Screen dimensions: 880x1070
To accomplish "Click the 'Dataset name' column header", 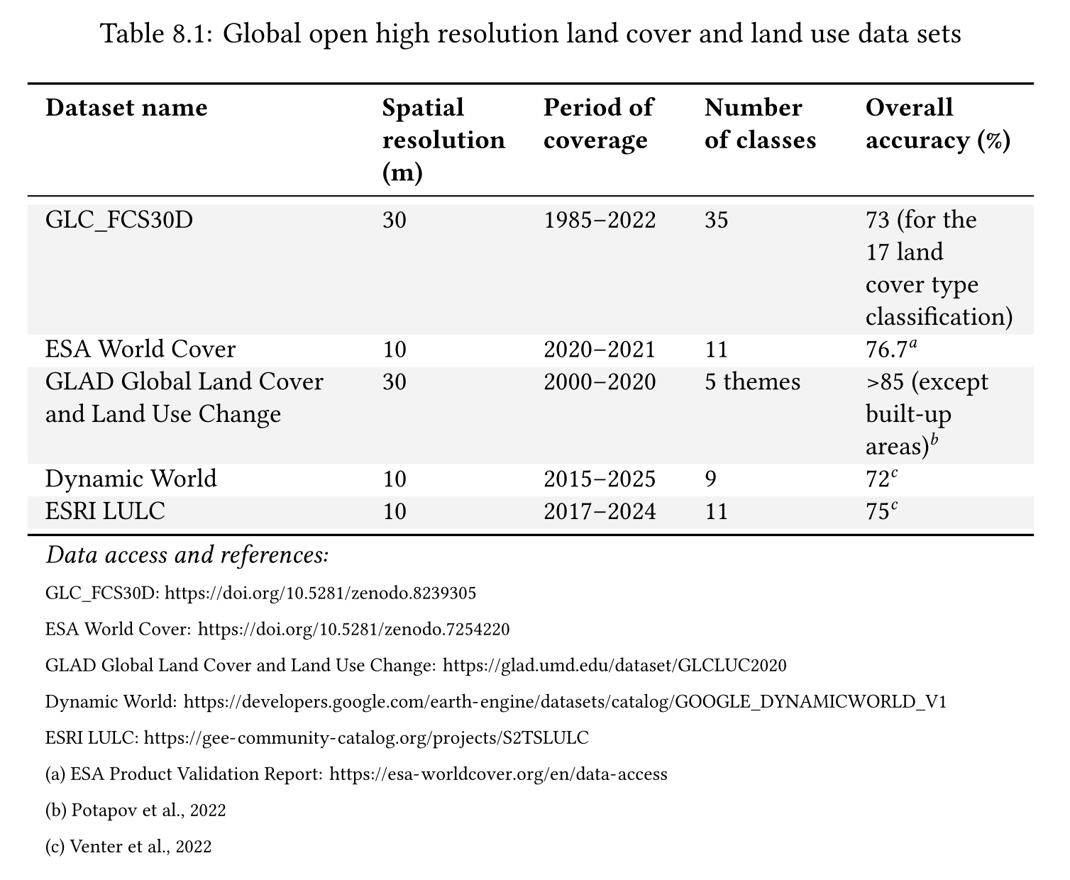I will [x=126, y=108].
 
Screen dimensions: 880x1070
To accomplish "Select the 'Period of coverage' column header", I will [x=597, y=123].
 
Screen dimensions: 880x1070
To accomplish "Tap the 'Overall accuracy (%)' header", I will [x=937, y=123].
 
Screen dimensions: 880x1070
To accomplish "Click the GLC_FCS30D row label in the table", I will [x=118, y=220].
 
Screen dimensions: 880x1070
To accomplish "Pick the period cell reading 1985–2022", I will [x=600, y=220].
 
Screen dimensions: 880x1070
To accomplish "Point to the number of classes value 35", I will [x=716, y=220].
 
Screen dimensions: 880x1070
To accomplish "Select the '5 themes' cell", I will [x=752, y=382].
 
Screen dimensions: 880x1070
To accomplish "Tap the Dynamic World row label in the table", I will [x=131, y=479].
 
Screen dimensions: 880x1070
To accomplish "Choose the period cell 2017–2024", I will [x=600, y=511].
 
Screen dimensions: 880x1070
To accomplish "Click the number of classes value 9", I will [x=710, y=479].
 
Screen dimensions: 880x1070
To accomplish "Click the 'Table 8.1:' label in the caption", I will [x=158, y=33].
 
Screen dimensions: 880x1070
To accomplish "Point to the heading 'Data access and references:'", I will [x=187, y=555].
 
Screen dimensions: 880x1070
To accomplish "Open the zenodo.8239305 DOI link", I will [x=320, y=593].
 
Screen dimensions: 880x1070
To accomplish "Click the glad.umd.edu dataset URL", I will [x=614, y=666].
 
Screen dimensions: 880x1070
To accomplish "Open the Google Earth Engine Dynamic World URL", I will [x=565, y=702].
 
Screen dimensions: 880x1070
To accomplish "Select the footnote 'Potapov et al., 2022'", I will [x=148, y=811].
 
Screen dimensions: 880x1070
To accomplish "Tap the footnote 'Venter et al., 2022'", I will [x=140, y=847].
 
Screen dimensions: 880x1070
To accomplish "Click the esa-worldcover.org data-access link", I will [x=499, y=774].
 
